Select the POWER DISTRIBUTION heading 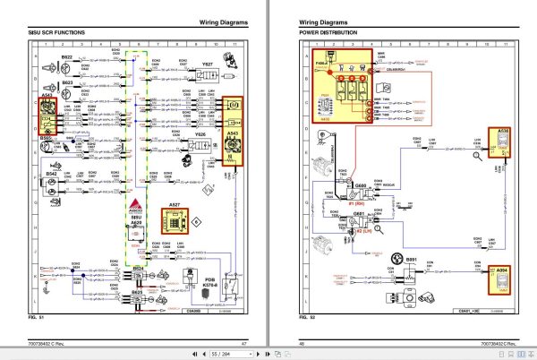point(327,32)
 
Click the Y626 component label point(201,135)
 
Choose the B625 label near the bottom point(138,291)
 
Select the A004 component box point(502,280)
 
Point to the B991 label point(411,259)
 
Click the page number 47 point(243,343)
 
